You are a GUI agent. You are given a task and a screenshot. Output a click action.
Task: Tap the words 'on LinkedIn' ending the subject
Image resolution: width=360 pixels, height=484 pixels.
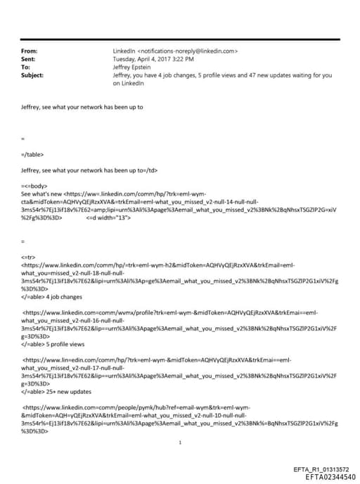128,82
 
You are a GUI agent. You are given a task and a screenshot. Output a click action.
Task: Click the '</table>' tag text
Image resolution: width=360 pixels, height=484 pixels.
33,154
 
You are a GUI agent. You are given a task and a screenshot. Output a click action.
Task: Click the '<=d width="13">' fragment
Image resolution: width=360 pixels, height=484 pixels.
108,217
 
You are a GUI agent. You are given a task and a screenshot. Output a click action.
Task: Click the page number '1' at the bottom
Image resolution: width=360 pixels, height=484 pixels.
181,443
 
